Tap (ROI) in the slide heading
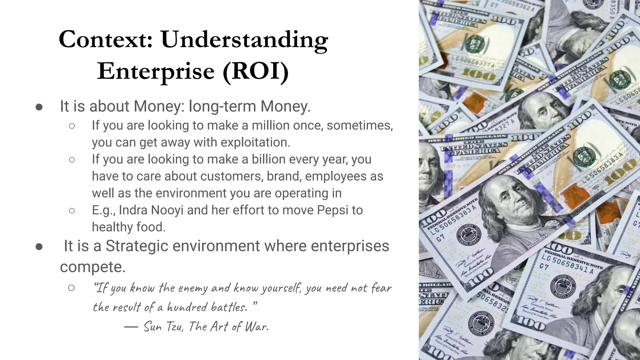[x=255, y=71]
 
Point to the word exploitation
[x=255, y=142]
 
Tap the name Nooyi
[x=167, y=210]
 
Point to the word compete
[x=92, y=267]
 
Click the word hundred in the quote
[x=187, y=307]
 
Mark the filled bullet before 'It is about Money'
[x=39, y=107]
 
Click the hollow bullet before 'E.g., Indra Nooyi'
[x=72, y=211]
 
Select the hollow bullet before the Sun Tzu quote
[x=72, y=288]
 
